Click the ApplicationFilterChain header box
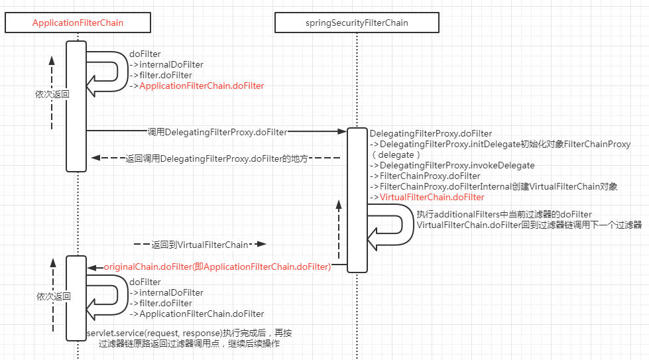pos(78,23)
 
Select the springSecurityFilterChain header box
pos(357,23)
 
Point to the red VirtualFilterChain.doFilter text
pos(432,198)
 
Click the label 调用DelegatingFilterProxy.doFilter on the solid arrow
pos(217,132)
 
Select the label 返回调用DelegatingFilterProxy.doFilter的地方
pos(217,159)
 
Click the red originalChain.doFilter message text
pos(217,267)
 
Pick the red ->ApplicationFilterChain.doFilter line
pos(197,86)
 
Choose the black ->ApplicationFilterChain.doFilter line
pos(197,314)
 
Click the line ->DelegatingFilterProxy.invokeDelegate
pos(452,165)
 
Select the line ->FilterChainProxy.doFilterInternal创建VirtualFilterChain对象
pos(494,187)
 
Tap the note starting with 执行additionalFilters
pos(504,214)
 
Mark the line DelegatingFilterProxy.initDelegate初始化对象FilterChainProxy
pos(501,144)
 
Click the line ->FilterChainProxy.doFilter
pos(425,176)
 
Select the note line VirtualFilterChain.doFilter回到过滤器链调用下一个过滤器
pos(529,225)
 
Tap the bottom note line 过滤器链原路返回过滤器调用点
pos(189,344)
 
